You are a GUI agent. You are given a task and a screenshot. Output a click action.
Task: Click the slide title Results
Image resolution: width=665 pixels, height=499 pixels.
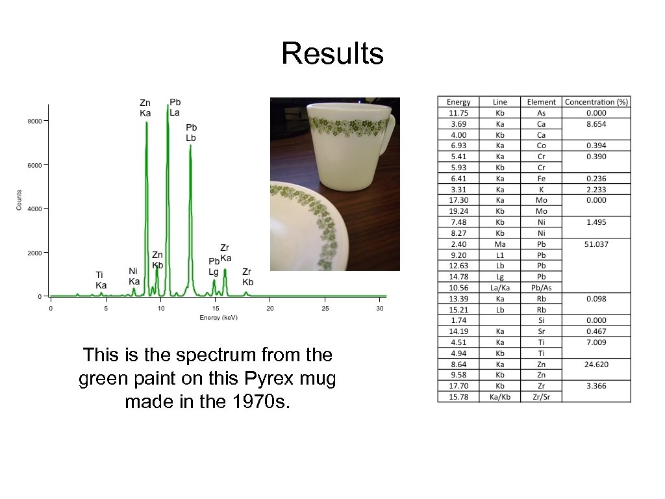tap(332, 53)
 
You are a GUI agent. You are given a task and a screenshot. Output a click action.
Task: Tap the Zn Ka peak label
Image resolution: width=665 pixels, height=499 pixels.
tap(145, 108)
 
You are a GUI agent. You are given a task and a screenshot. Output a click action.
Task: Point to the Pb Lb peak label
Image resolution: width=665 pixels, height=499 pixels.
tap(191, 133)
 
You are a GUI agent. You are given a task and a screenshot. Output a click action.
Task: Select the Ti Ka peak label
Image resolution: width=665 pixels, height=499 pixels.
tap(101, 280)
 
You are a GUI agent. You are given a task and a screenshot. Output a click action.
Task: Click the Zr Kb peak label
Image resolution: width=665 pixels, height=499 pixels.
tap(247, 277)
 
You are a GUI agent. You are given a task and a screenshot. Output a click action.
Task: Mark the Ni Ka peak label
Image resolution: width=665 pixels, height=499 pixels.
tap(134, 276)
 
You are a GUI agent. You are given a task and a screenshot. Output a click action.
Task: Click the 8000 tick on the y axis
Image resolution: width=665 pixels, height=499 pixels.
tap(34, 121)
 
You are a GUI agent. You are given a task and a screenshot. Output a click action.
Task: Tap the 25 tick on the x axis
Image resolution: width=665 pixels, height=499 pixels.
tap(325, 308)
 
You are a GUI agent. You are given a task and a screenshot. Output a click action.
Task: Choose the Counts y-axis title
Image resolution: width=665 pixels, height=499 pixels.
tap(19, 199)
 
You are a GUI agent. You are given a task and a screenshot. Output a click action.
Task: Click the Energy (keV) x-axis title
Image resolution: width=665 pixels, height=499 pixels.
tap(219, 317)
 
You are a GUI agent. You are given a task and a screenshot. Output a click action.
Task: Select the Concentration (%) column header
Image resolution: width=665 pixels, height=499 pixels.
tap(596, 102)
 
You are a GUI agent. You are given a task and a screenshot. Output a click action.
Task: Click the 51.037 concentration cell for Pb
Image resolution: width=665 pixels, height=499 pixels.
tap(596, 244)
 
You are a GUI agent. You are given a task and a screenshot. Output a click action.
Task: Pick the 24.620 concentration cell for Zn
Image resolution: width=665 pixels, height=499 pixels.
tap(596, 365)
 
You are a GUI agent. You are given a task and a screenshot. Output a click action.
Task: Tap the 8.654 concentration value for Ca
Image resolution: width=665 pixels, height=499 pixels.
tap(596, 123)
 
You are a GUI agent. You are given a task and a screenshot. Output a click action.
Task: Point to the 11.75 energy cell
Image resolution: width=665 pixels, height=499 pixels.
tap(458, 112)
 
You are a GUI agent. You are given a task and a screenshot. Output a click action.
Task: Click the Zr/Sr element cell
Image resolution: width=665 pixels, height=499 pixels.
tap(541, 397)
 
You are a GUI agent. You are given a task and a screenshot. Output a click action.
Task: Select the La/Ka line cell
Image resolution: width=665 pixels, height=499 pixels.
tap(500, 287)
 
